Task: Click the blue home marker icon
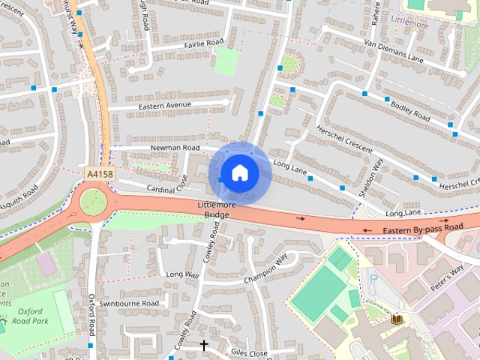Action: coord(239,173)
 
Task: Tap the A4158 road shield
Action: coord(100,174)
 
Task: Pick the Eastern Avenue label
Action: coord(165,106)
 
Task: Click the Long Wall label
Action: coord(182,274)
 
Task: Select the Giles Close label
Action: coord(249,352)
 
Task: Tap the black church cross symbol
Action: coord(203,345)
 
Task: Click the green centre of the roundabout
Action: coord(93,200)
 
